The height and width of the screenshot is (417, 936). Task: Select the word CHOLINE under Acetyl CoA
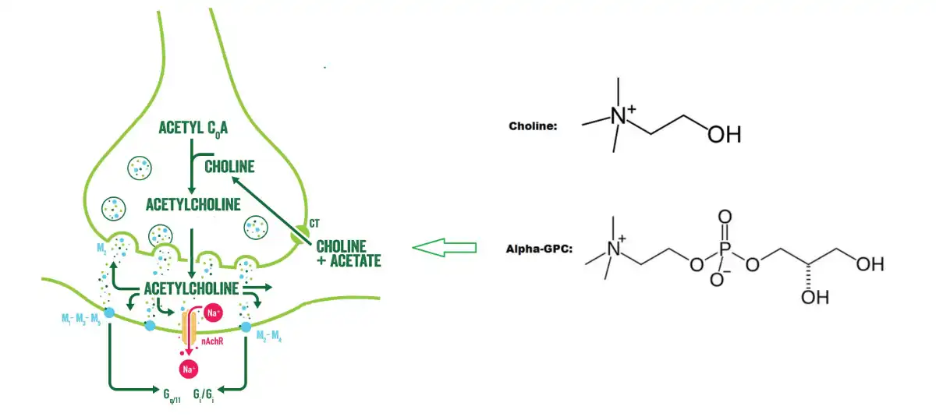click(229, 166)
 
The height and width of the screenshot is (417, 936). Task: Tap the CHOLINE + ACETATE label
click(349, 253)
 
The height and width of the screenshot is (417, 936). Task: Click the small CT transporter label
click(314, 224)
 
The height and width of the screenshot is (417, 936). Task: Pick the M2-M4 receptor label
click(271, 337)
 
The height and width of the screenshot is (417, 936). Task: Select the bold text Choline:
click(533, 125)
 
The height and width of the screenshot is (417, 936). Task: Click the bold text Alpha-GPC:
click(537, 250)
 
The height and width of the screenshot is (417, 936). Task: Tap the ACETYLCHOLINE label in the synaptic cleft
click(191, 289)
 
